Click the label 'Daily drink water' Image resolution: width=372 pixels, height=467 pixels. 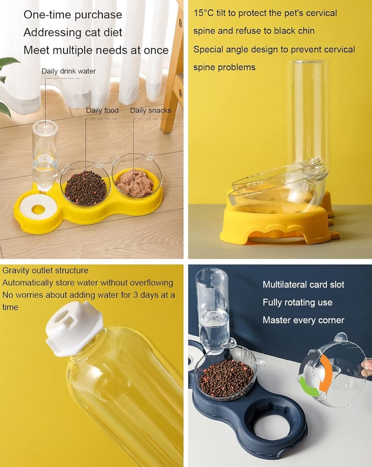[68, 71]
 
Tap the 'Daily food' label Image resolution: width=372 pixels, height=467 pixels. [102, 111]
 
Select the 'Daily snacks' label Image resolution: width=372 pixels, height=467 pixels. [150, 111]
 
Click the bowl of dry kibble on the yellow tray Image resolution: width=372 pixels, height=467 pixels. [85, 187]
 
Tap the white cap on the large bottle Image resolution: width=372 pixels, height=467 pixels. [74, 331]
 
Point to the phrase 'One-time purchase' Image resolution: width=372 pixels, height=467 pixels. [73, 15]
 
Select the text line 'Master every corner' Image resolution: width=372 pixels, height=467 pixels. [303, 320]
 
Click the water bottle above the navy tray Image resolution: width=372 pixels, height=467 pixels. [212, 307]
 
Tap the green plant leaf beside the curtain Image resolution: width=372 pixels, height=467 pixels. [9, 62]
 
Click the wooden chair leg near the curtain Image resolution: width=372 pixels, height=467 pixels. [172, 97]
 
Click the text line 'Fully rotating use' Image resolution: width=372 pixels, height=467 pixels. [297, 302]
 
